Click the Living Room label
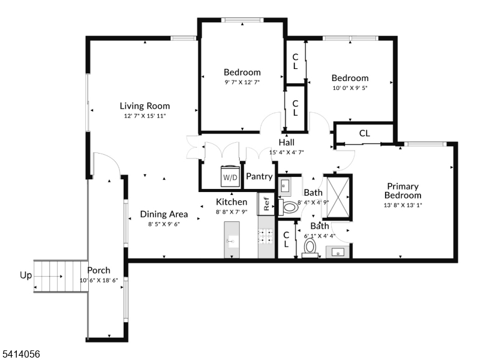144,106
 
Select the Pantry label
259,177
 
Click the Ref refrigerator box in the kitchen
266,203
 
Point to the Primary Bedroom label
402,191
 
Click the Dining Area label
164,214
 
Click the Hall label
286,142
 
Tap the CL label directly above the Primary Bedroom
364,133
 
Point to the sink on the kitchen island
232,241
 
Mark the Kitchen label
232,202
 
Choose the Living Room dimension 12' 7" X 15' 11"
145,116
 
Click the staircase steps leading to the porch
60,276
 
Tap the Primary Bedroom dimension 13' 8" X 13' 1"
403,205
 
